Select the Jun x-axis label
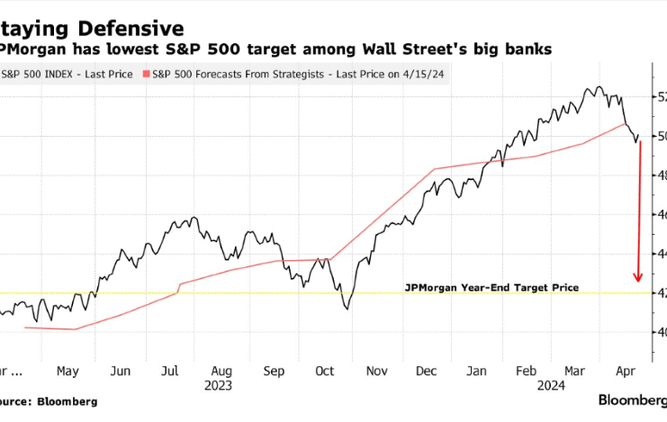[121, 370]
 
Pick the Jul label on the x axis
[171, 370]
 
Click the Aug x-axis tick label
[223, 370]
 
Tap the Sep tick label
[275, 370]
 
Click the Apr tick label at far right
[625, 370]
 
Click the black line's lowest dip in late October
[347, 309]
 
